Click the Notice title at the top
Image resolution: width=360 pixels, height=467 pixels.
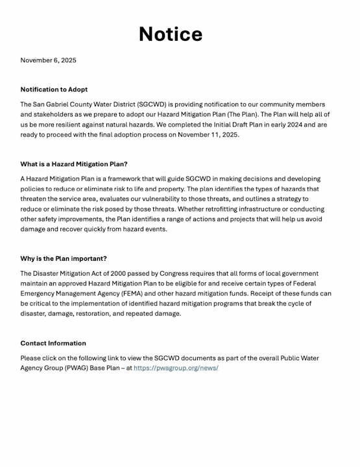(171, 34)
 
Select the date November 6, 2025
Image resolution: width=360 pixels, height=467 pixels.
(48, 60)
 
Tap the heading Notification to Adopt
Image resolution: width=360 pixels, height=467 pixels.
(54, 90)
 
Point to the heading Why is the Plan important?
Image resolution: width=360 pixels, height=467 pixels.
(64, 259)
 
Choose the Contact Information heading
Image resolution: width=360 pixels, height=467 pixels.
(53, 343)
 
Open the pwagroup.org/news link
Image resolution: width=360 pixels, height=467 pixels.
(176, 368)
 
